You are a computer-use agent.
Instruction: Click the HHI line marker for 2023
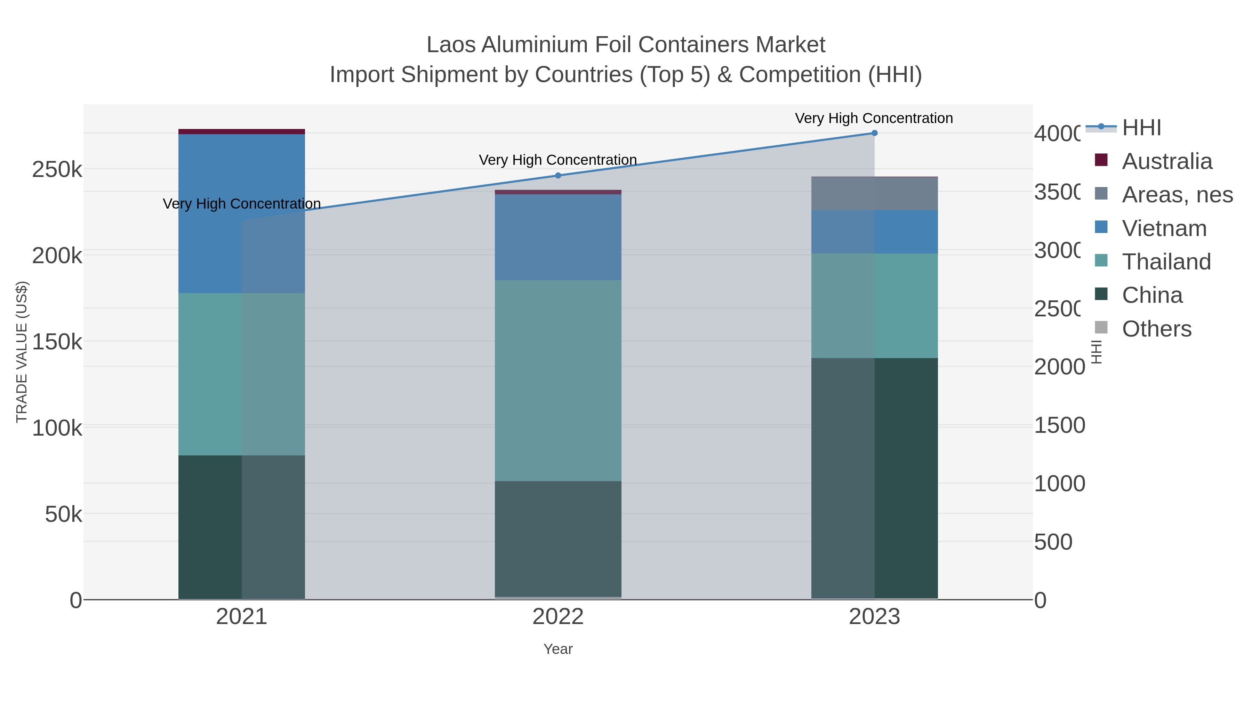click(x=874, y=133)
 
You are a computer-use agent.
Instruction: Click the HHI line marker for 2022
click(x=558, y=176)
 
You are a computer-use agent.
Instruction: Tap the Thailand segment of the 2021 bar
click(x=242, y=374)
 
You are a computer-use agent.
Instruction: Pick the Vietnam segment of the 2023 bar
click(x=874, y=232)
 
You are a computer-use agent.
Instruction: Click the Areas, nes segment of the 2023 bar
click(x=874, y=193)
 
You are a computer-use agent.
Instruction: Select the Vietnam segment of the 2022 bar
click(x=558, y=237)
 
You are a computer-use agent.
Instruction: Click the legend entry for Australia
click(x=1166, y=161)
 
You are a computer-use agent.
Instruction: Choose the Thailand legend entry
click(x=1166, y=262)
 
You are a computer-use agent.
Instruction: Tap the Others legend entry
click(x=1156, y=329)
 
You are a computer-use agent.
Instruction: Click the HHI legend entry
click(x=1141, y=128)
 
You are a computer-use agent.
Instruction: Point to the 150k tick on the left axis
click(x=57, y=342)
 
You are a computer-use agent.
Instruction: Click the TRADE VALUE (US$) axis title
click(x=22, y=352)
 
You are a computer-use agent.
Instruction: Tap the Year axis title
click(x=558, y=649)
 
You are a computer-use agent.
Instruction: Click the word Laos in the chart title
click(x=450, y=45)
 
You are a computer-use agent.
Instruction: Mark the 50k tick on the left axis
click(x=63, y=515)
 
